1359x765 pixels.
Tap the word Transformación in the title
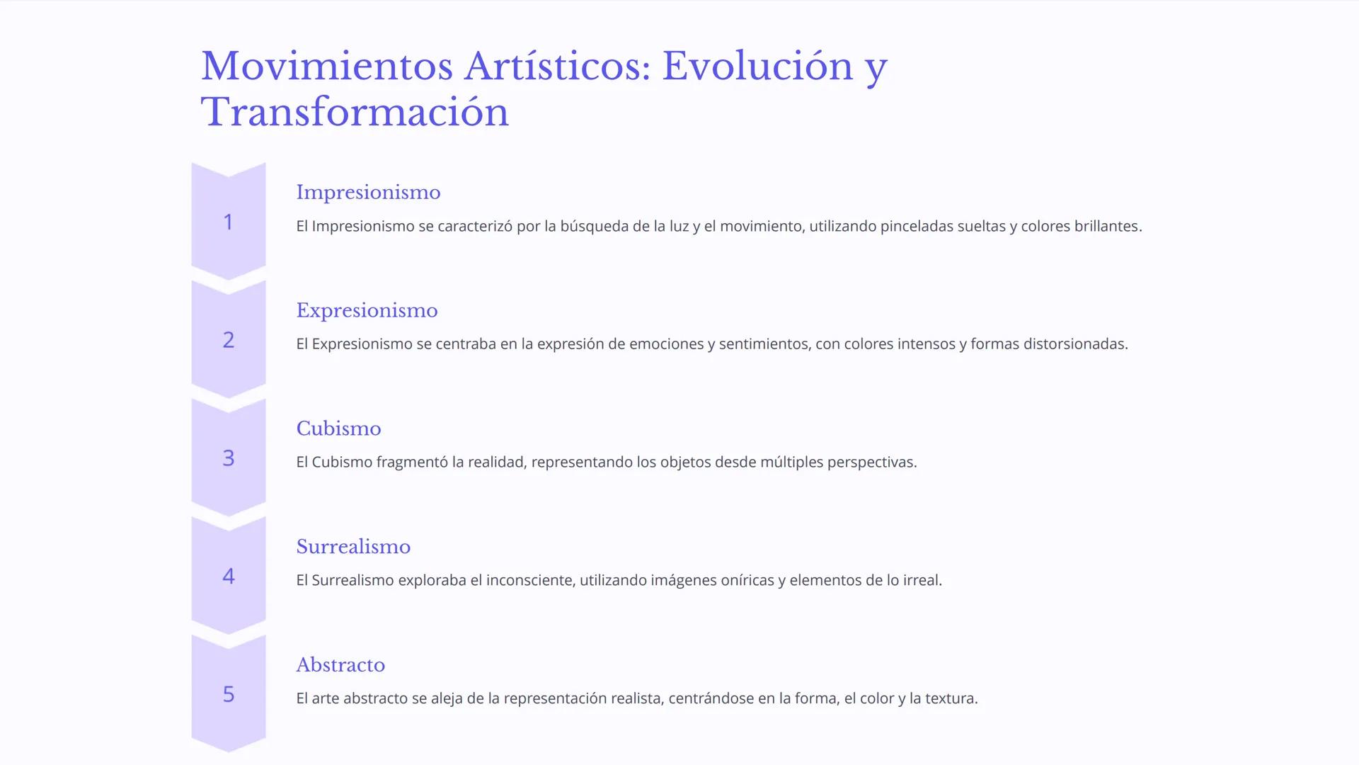[355, 113]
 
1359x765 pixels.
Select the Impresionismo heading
[368, 193]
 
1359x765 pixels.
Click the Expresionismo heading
[367, 311]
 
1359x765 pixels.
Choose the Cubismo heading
[338, 429]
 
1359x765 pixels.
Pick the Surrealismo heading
[353, 547]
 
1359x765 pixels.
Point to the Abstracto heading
[340, 665]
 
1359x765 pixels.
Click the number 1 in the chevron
[228, 222]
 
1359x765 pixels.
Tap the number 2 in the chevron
[228, 341]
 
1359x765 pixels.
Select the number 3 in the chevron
[228, 458]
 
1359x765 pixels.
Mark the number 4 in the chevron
[228, 577]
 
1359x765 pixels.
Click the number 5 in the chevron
[228, 694]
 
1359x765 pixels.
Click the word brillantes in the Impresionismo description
[1107, 227]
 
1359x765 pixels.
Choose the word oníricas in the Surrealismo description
[747, 581]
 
